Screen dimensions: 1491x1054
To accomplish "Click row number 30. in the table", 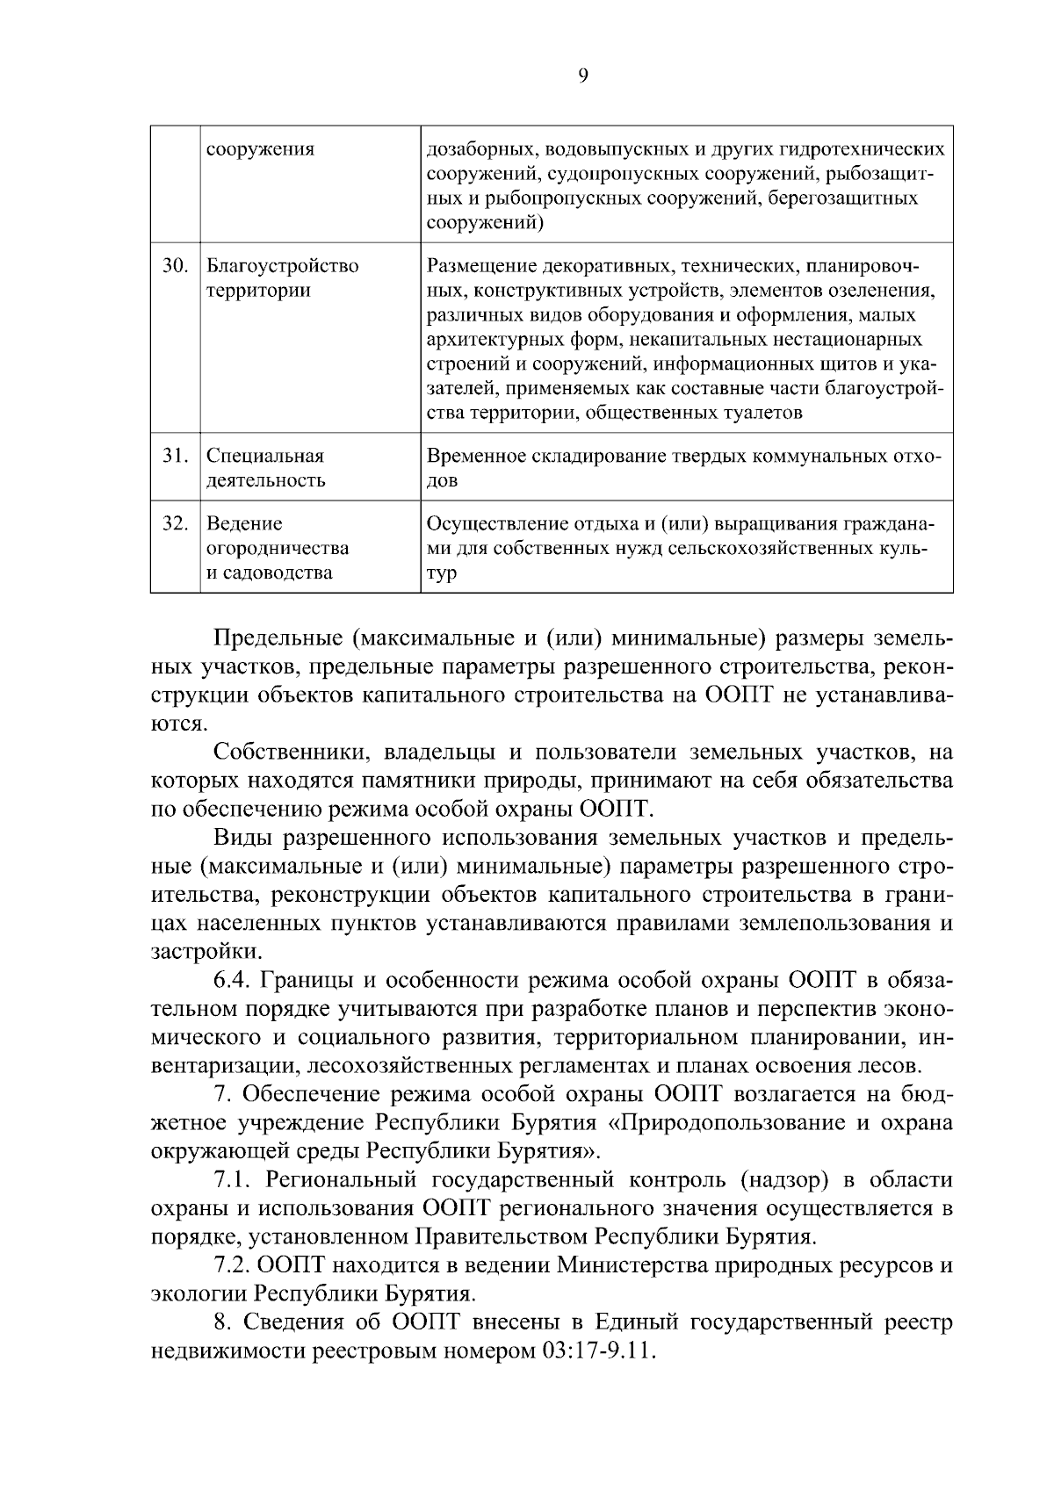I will [175, 265].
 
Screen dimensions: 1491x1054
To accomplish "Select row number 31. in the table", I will [175, 456].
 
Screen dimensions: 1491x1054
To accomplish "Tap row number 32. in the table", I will [175, 523].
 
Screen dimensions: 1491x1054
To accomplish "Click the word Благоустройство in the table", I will [282, 266].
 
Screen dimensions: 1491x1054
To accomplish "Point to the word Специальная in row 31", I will [265, 457].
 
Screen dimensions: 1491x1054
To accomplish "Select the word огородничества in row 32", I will [278, 549].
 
